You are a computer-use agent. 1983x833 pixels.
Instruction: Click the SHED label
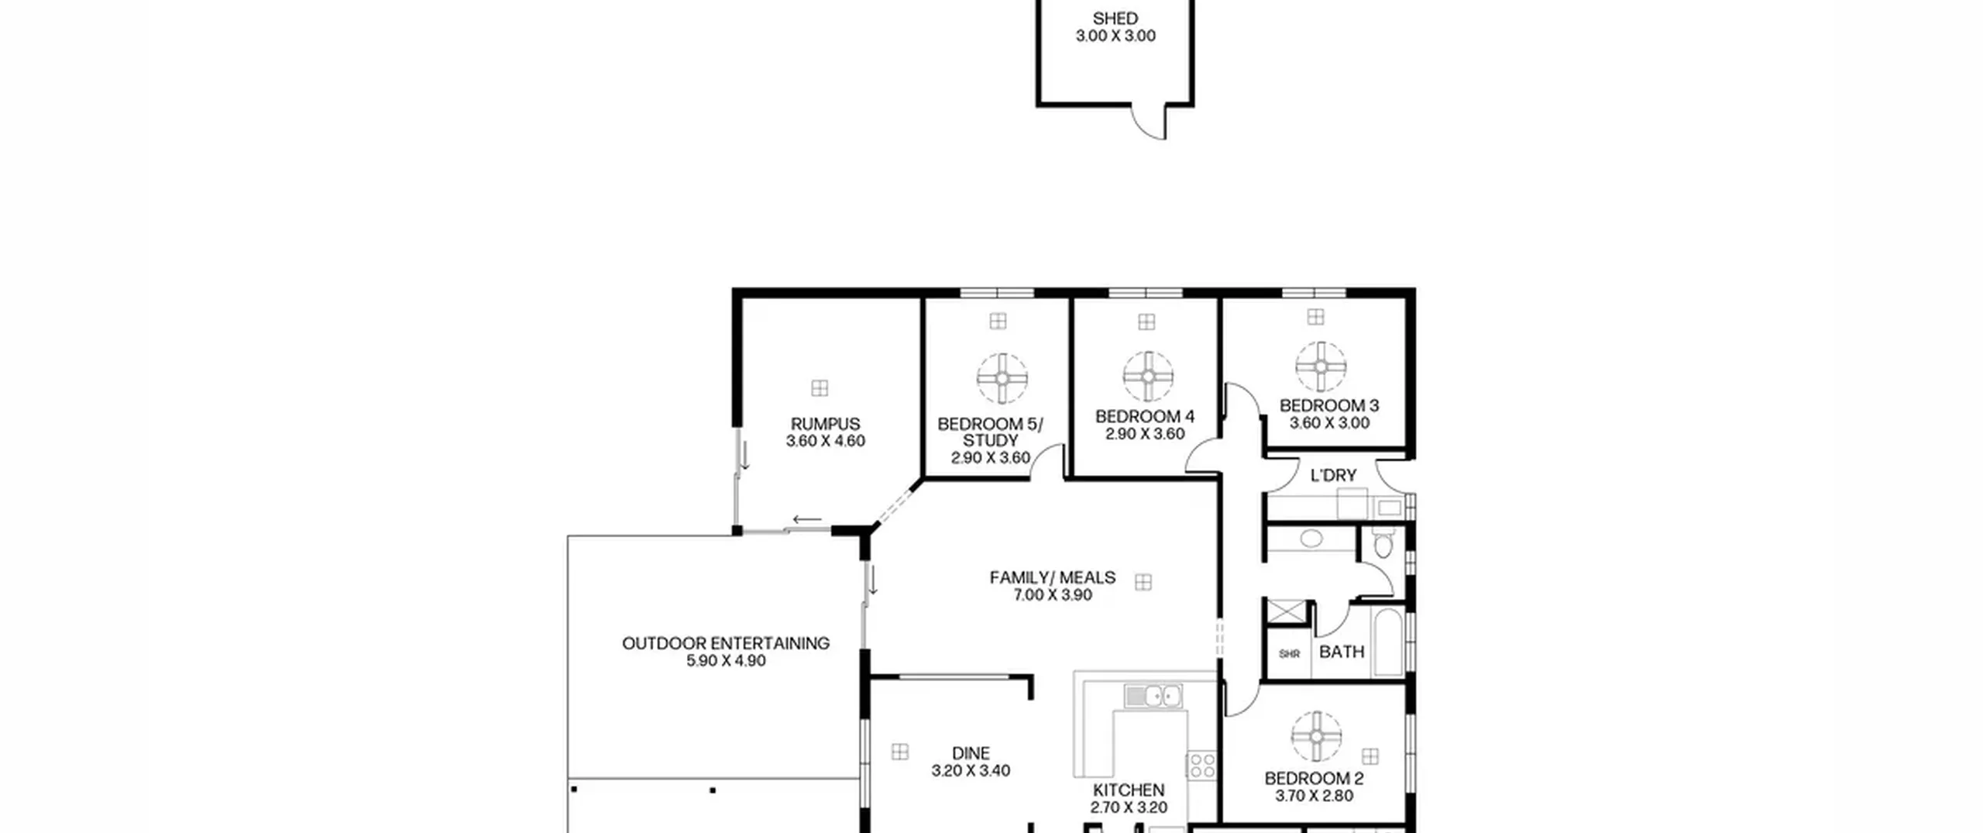(x=1115, y=19)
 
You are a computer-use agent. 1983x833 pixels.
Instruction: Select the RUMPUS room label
(x=825, y=424)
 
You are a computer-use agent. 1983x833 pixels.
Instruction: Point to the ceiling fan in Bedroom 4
(x=1148, y=377)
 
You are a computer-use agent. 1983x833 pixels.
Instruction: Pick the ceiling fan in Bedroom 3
(x=1321, y=367)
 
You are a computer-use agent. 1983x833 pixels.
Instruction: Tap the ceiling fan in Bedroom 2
(x=1316, y=736)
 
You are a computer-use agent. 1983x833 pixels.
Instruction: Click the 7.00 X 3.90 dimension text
(x=1053, y=595)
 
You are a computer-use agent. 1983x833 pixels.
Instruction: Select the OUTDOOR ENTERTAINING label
(x=726, y=643)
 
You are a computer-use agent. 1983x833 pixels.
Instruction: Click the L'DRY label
(x=1333, y=475)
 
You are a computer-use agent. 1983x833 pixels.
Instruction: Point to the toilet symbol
(x=1383, y=543)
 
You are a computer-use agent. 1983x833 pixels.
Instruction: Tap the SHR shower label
(x=1289, y=654)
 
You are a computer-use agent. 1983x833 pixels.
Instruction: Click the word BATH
(x=1342, y=652)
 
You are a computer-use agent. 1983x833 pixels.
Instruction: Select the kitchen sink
(x=1153, y=696)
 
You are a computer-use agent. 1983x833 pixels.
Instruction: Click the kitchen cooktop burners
(x=1201, y=765)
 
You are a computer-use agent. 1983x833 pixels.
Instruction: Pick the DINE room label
(x=971, y=753)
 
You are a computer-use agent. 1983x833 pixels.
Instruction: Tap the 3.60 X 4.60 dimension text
(x=826, y=441)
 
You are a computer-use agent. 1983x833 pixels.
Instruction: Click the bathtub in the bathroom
(x=1387, y=642)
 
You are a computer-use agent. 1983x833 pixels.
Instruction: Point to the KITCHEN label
(x=1129, y=790)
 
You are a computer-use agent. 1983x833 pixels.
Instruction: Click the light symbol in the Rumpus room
(x=820, y=387)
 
